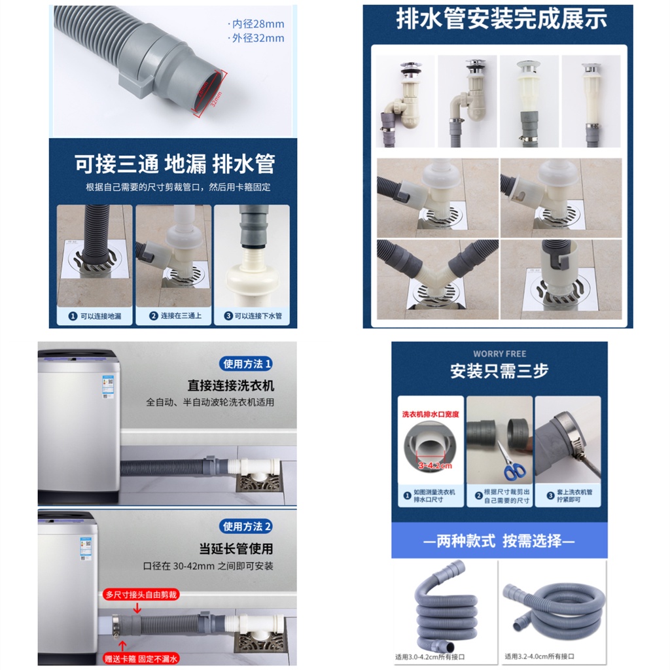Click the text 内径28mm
click(258, 24)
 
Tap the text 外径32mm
click(258, 38)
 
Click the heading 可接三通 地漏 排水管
click(174, 164)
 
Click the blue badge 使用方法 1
click(247, 364)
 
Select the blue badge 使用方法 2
click(247, 526)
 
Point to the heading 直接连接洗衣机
click(230, 386)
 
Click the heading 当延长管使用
click(236, 548)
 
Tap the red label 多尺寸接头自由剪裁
click(141, 595)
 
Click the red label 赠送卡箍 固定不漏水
click(141, 658)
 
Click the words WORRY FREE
click(499, 354)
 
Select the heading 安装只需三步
click(499, 371)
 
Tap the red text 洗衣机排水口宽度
click(430, 414)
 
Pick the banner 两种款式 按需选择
click(499, 541)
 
